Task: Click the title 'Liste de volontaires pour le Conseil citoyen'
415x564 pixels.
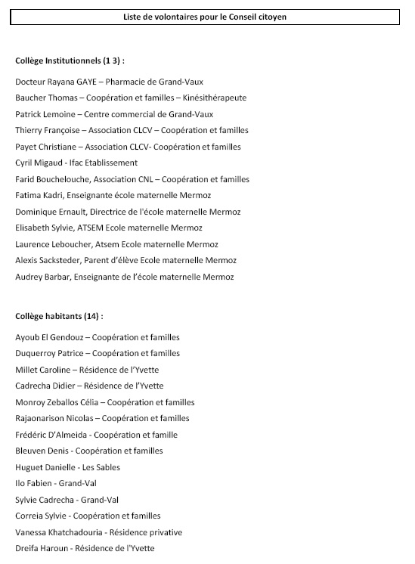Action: pyautogui.click(x=205, y=17)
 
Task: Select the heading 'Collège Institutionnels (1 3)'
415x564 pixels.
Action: pyautogui.click(x=70, y=60)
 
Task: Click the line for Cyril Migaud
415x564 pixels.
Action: pyautogui.click(x=76, y=163)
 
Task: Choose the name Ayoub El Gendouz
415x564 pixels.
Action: pyautogui.click(x=49, y=337)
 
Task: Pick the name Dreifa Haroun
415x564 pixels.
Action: pyautogui.click(x=42, y=549)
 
